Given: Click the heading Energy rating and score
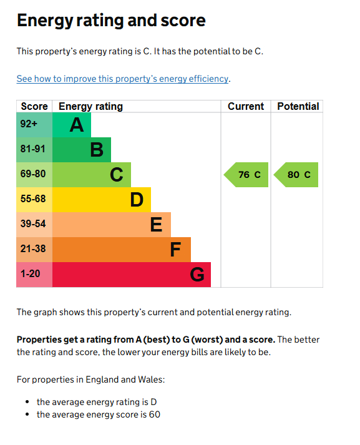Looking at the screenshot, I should pos(111,21).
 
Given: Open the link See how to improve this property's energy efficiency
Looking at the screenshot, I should pos(122,79).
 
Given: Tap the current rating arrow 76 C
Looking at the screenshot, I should pos(246,175).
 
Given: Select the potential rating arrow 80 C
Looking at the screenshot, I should pos(296,175).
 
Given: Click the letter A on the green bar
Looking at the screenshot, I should pos(76,125).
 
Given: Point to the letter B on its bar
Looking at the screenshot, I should pos(97,150).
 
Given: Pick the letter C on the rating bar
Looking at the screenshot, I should pos(117,175).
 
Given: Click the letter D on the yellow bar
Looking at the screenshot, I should pos(137,200).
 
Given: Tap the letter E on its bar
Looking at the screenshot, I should pos(157,225).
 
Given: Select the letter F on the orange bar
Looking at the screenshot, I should pos(176,250).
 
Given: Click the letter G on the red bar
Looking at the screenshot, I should pos(197,275).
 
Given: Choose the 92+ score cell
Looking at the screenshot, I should pos(29,124).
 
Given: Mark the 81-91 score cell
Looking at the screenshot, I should pos(32,149).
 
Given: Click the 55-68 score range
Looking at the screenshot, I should pos(32,199).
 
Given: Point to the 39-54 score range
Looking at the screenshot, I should pos(32,223).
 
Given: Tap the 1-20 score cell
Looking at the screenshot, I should pos(30,273).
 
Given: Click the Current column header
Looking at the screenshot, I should pos(246,106).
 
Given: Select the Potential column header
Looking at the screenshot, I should pos(298,106).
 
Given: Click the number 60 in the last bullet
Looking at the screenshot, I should pos(154,414).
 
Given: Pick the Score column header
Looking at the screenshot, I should pos(34,106).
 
